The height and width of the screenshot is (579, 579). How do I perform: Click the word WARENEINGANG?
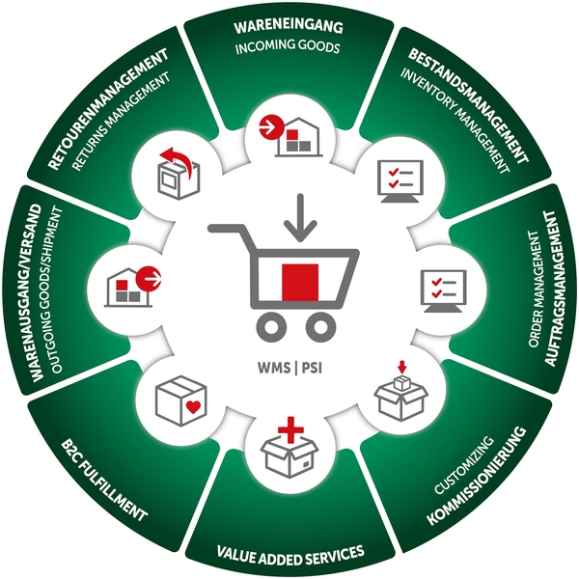[x=289, y=27]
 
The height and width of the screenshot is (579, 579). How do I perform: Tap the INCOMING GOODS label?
[x=288, y=46]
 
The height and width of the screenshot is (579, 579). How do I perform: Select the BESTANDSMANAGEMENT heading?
[x=469, y=105]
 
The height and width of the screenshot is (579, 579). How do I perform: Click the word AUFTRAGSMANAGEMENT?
[x=550, y=289]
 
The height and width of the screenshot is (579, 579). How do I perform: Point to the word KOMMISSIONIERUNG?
[x=477, y=476]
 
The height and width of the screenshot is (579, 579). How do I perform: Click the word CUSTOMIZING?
[x=464, y=465]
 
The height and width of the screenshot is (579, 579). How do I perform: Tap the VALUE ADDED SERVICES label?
[x=290, y=554]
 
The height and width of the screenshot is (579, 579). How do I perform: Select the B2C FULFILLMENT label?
[x=104, y=480]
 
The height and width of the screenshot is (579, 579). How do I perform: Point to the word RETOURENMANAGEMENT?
[x=108, y=109]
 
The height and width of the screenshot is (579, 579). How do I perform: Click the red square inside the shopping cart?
[x=300, y=282]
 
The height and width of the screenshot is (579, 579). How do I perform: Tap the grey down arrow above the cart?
[x=300, y=218]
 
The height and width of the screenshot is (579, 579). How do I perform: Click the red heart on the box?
[x=193, y=407]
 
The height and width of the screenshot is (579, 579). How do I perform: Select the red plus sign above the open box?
[x=290, y=429]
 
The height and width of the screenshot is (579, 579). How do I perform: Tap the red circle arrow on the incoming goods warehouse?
[x=270, y=127]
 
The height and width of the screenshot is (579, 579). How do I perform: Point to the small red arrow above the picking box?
[x=402, y=367]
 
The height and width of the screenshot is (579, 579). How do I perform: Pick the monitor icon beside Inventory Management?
[x=400, y=181]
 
